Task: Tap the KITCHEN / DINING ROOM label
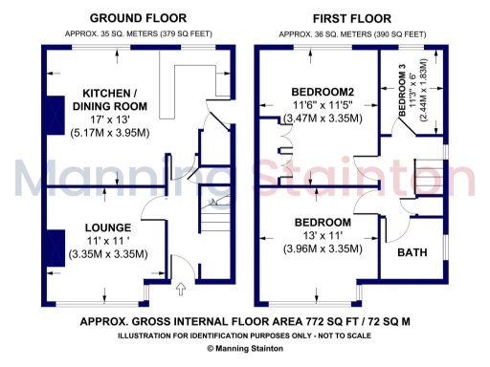coord(107,99)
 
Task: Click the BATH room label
coord(412,253)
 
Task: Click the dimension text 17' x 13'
coord(107,120)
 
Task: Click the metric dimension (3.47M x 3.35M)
coord(323,119)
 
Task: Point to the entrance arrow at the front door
coord(183,286)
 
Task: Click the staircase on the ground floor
coord(215,225)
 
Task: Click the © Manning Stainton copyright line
coord(245,350)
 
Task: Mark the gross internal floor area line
coord(245,322)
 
